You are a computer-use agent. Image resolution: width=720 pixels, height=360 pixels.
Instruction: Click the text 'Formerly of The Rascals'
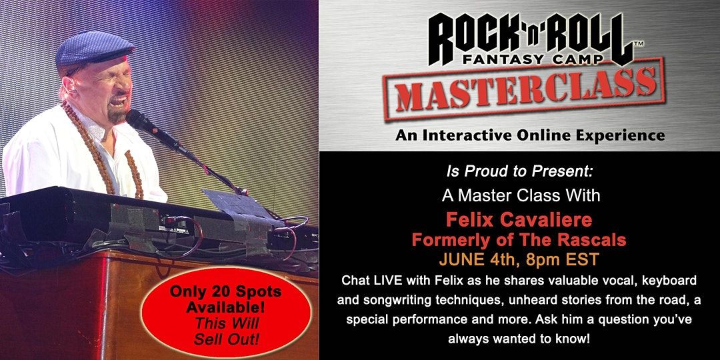(519, 240)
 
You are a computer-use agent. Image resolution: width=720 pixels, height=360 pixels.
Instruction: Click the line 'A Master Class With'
(521, 195)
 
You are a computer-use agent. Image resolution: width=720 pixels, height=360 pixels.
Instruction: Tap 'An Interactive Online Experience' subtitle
(530, 135)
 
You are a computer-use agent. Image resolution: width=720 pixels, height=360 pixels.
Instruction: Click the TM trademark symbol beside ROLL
(638, 43)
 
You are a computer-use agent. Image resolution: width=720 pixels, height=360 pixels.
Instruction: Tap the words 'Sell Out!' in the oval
(227, 340)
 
